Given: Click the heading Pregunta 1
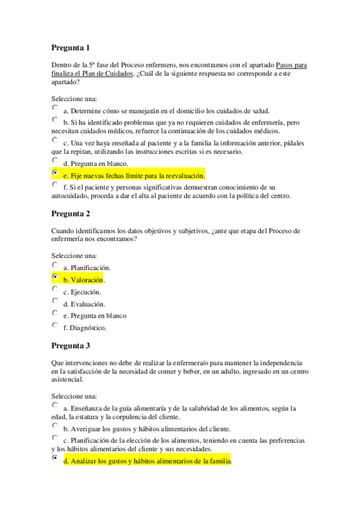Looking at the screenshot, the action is point(70,48).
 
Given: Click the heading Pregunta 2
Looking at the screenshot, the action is point(70,214).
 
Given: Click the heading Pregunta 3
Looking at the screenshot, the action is point(70,346).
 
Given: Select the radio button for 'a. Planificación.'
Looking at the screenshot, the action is point(55,265).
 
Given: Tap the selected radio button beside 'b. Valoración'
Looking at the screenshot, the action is point(55,277).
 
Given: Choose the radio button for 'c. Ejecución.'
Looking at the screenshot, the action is point(55,289).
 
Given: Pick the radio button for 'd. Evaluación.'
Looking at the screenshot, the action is point(55,301).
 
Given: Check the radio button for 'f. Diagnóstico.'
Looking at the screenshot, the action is point(55,325).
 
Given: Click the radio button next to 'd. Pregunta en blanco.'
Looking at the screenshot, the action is point(55,161).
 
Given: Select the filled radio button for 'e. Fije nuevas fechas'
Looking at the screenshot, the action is point(55,173).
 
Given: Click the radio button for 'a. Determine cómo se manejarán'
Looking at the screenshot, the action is point(55,108).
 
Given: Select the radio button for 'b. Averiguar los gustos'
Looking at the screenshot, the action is point(55,426).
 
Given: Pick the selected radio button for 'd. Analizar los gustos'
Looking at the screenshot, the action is point(55,458).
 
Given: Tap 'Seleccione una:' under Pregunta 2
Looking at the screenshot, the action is point(74,254).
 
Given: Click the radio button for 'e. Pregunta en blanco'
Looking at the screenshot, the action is point(55,313).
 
